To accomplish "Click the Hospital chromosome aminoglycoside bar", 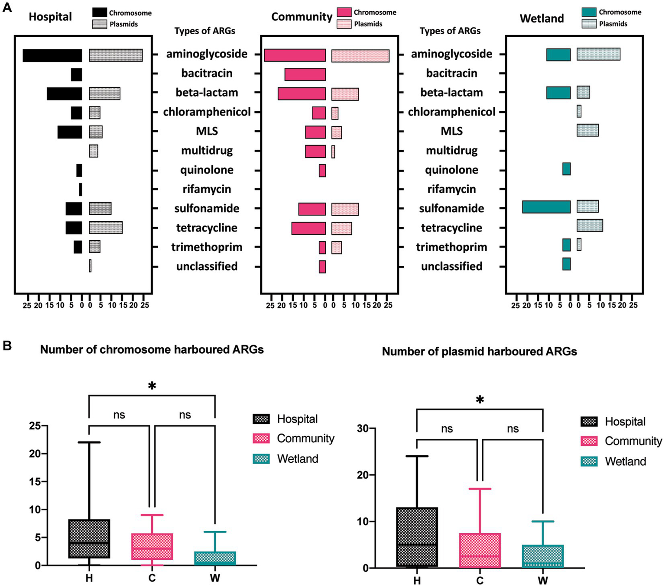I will point(52,55).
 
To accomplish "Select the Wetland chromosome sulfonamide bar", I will point(546,207).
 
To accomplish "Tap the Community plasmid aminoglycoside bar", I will point(360,56).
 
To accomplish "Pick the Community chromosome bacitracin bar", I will point(305,74).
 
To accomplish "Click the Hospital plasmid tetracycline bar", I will point(106,228).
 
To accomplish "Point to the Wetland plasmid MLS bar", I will point(587,130).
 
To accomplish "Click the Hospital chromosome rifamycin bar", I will point(81,190).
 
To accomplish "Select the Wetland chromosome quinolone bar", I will point(566,169).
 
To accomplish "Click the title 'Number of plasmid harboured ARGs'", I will point(479,352).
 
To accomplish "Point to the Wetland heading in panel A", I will point(542,19).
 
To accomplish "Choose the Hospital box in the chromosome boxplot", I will point(89,539).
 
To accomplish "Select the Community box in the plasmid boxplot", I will point(480,550).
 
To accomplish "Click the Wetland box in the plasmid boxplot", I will point(542,556).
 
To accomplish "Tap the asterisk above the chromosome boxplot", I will point(152,386).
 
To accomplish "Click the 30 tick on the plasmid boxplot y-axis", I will point(363,429).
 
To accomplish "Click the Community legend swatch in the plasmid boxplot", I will point(589,441).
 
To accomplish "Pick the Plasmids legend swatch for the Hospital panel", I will point(99,24).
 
